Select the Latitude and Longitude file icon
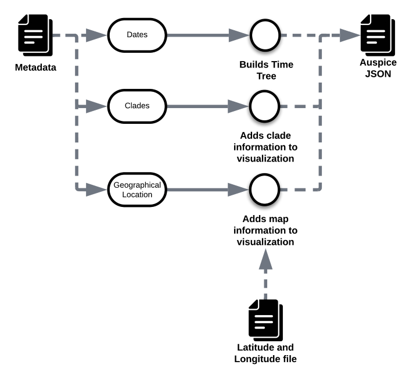pos(265,320)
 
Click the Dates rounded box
pos(137,35)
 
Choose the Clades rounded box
pos(137,106)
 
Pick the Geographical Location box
pos(137,189)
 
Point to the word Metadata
pos(35,67)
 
